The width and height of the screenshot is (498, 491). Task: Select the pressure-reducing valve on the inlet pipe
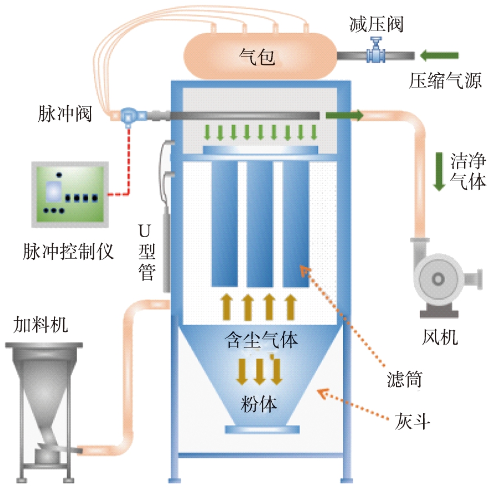tap(377, 52)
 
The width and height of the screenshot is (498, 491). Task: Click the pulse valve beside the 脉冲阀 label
tap(129, 115)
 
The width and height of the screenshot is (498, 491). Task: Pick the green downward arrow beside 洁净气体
tap(439, 171)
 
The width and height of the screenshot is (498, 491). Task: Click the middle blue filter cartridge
tap(260, 222)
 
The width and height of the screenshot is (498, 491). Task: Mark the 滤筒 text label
tap(404, 380)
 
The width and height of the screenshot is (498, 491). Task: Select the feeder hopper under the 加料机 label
tap(44, 388)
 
